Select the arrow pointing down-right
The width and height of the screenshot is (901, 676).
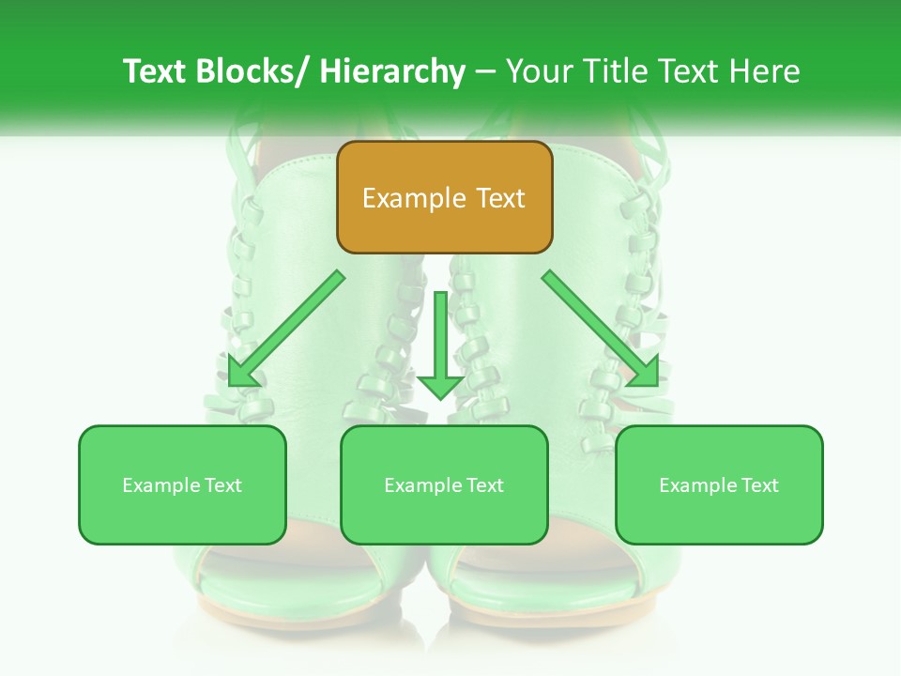601,329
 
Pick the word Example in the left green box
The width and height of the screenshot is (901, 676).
161,485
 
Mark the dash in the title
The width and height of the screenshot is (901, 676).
485,71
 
